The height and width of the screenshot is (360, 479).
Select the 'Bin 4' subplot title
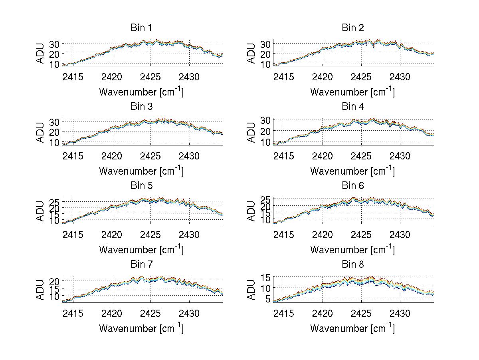(352, 107)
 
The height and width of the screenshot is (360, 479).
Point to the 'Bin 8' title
(352, 265)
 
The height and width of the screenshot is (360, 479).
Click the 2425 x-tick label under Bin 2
(361, 77)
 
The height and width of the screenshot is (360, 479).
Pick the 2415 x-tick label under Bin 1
(73, 77)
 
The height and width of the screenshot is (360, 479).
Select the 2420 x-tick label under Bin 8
(323, 313)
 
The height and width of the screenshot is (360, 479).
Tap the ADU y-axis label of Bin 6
(252, 211)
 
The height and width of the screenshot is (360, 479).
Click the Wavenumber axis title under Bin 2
(352, 91)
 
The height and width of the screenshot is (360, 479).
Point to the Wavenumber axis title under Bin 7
(141, 328)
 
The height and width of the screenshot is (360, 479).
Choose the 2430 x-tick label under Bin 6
(400, 235)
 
